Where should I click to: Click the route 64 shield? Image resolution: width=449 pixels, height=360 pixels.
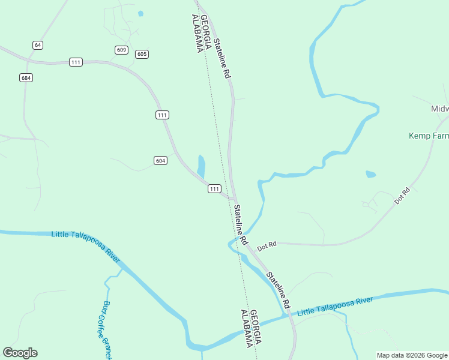point(38,45)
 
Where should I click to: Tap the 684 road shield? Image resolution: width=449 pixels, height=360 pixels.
point(26,78)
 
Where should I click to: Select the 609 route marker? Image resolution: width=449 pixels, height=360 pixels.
point(122,50)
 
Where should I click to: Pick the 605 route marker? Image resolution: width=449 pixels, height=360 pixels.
point(142,54)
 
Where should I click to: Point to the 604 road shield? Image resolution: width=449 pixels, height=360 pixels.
point(160,160)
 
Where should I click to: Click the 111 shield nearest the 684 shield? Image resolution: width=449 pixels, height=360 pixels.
point(76,62)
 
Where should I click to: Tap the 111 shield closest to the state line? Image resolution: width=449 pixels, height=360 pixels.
point(214,189)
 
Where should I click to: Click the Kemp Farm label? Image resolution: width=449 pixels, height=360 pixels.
point(429,136)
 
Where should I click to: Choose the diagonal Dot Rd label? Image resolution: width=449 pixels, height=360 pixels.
point(402,196)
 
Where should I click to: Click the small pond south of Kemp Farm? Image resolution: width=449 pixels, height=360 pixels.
point(370,175)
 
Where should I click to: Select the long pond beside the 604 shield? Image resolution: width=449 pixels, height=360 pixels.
point(201,166)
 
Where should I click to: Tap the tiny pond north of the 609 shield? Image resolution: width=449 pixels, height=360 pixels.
point(140,13)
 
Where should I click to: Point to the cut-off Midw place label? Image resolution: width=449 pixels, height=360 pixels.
point(439,109)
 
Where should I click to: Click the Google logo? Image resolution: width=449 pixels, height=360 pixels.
point(20,353)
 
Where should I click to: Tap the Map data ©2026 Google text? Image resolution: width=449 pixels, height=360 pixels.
point(412,355)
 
